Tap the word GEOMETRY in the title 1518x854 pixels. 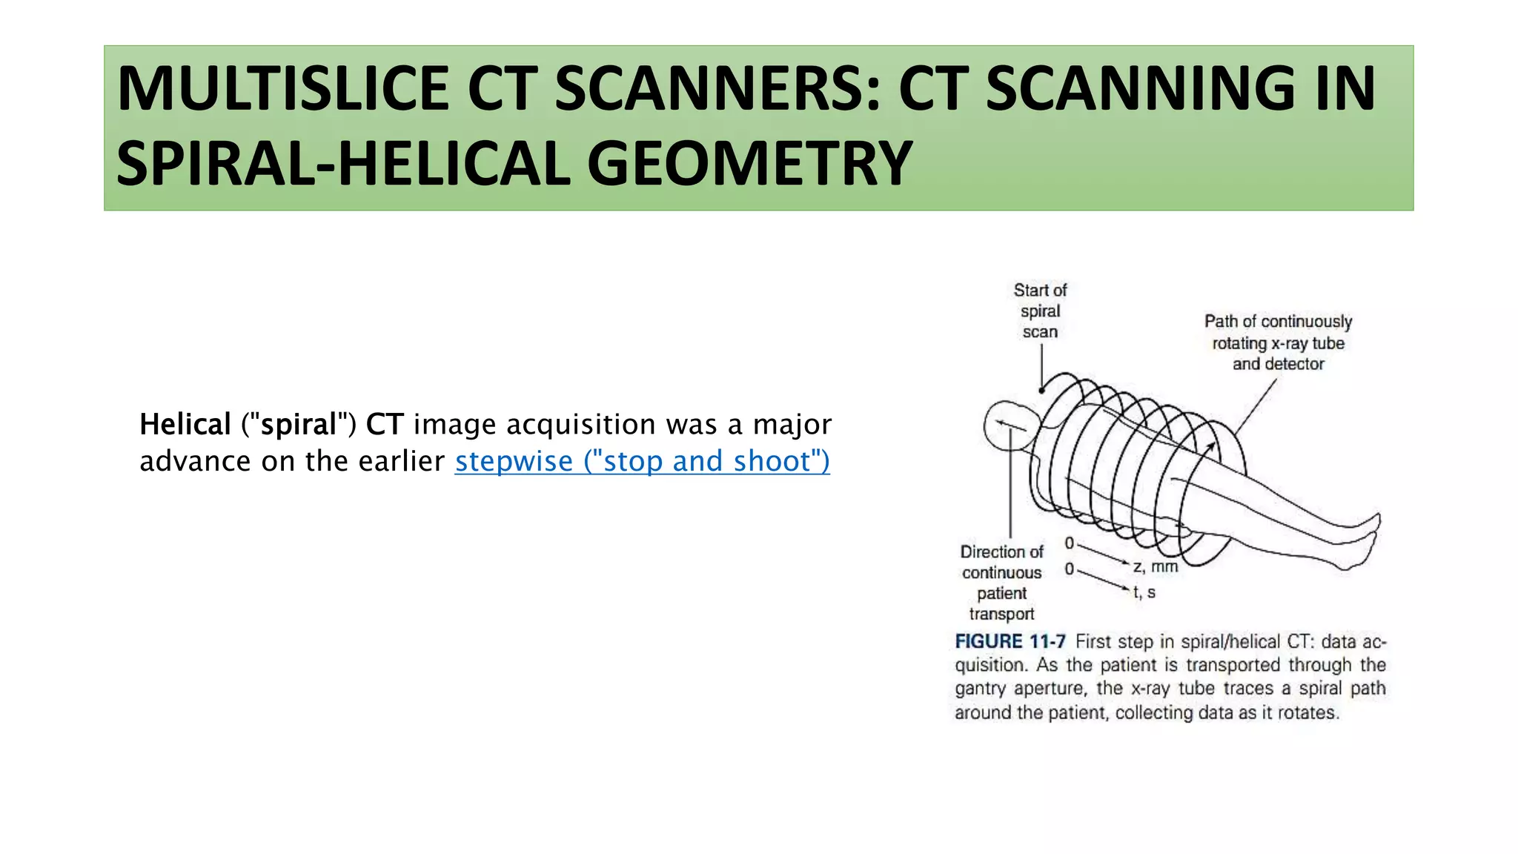point(749,164)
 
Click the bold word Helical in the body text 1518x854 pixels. point(185,425)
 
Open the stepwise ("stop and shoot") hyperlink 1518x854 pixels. point(642,461)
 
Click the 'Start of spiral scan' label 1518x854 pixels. point(1040,311)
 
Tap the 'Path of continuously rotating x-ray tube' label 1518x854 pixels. point(1278,342)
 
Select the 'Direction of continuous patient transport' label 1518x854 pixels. point(1001,583)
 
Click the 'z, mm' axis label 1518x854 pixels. point(1156,567)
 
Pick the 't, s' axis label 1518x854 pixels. point(1144,592)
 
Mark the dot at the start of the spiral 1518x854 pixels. point(1041,390)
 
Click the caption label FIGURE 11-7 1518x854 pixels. point(1010,641)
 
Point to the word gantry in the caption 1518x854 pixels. point(980,689)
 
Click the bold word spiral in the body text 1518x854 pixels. point(299,425)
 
